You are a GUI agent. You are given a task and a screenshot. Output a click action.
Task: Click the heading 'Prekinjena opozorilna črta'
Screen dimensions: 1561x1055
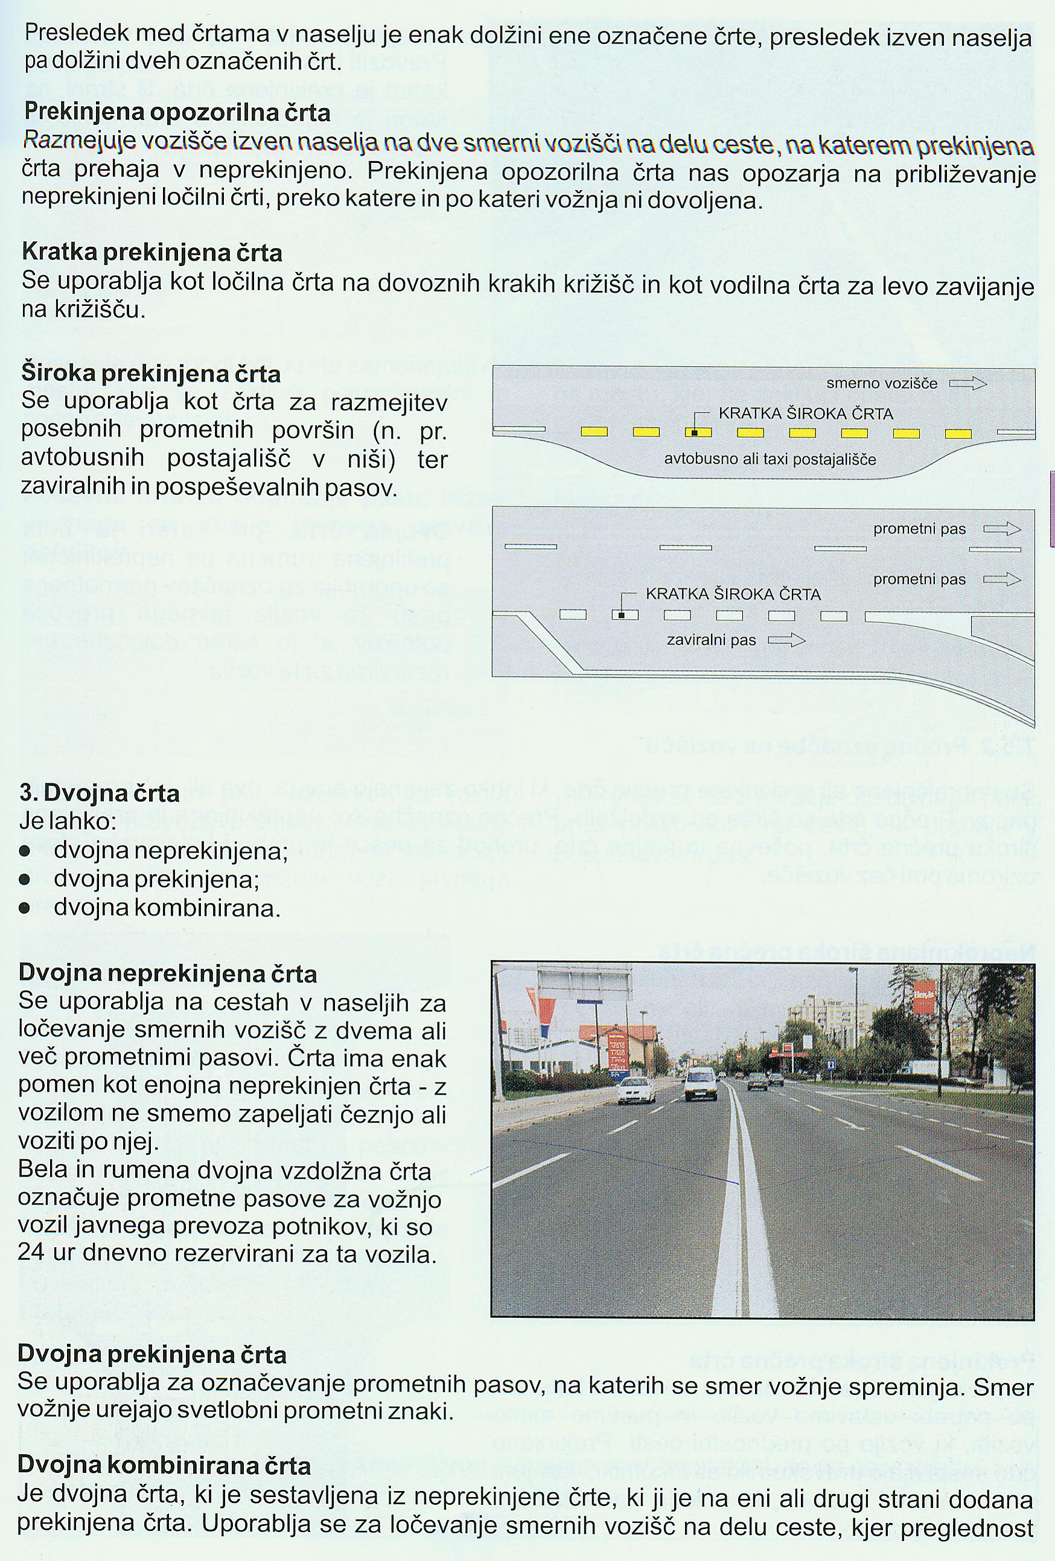pyautogui.click(x=177, y=112)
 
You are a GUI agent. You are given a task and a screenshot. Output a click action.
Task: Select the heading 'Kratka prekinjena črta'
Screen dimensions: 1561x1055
pyautogui.click(x=152, y=253)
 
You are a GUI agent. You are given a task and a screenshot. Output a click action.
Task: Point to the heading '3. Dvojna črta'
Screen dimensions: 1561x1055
pyautogui.click(x=100, y=793)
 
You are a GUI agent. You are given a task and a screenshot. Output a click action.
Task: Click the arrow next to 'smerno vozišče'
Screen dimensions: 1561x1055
pyautogui.click(x=967, y=384)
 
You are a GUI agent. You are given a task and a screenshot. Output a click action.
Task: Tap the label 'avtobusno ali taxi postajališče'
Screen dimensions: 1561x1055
pyautogui.click(x=770, y=460)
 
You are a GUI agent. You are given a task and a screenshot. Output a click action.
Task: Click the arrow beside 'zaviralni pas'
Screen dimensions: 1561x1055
pyautogui.click(x=786, y=640)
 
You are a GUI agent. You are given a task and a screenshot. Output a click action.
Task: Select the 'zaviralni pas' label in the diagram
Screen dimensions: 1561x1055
pyautogui.click(x=711, y=640)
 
